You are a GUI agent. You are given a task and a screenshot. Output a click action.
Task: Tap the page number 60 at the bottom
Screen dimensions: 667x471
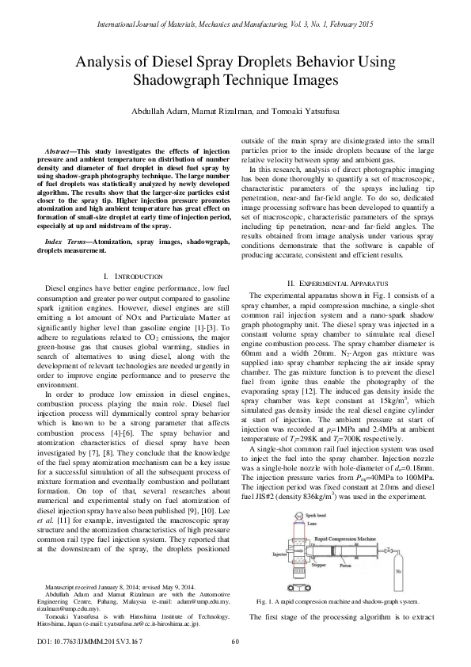235,641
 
